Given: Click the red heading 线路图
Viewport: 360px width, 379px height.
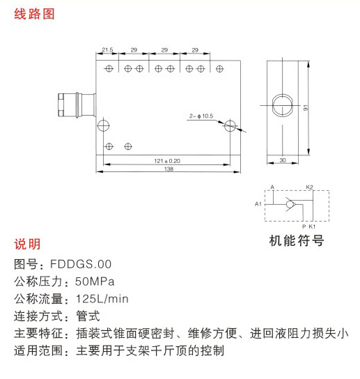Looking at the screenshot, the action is coord(34,14).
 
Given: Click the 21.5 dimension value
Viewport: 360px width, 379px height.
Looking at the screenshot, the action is coord(107,49).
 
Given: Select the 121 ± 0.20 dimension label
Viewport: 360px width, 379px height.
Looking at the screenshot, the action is coord(167,161).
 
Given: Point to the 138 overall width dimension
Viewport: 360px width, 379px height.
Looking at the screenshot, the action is coord(169,169).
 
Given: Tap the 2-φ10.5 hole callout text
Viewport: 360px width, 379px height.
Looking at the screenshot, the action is coord(201,116).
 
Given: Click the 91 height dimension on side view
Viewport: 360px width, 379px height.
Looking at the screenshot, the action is coord(306,107).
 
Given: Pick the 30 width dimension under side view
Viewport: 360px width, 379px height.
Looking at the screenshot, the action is coord(283,160).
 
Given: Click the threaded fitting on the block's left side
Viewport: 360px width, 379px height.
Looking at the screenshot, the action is coord(77,105).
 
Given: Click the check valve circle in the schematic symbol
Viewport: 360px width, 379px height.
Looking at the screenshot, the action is coord(290,205).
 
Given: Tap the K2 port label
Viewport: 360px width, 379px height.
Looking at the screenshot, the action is coord(309,187).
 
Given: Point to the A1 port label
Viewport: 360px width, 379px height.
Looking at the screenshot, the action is coord(258,204).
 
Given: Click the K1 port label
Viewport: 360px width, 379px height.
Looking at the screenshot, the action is coord(312,226).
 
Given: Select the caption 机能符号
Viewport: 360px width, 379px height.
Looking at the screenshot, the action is coord(297,240).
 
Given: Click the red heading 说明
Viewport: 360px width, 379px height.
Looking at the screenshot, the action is coord(27,244).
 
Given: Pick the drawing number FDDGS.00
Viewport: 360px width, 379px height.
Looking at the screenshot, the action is coord(81,264).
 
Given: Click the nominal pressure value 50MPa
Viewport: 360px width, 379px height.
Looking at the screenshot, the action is coord(95,281).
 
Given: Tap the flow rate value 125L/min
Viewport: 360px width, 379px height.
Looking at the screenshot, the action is coord(102,299).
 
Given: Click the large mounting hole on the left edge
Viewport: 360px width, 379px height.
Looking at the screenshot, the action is coord(104,125).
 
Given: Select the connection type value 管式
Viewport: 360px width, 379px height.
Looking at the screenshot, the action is coord(88,316).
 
